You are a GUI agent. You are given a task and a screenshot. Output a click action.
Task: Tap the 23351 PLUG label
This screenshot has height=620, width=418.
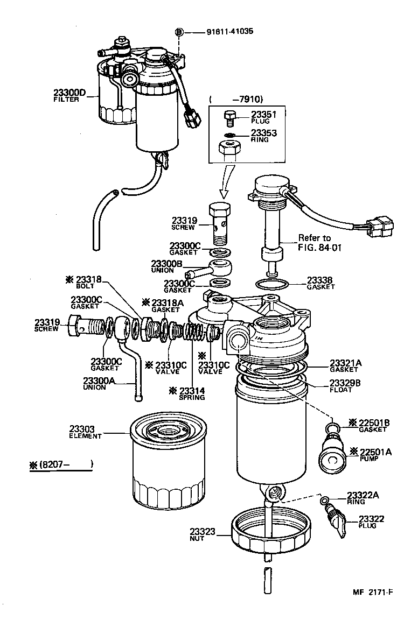263,117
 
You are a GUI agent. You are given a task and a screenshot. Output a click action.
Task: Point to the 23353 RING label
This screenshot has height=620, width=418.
263,135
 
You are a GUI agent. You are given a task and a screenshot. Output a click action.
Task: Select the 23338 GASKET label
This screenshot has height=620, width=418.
321,283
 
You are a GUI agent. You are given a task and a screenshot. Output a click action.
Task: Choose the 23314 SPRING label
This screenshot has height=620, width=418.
191,393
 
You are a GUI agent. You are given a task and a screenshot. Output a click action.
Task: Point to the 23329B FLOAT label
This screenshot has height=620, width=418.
345,386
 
